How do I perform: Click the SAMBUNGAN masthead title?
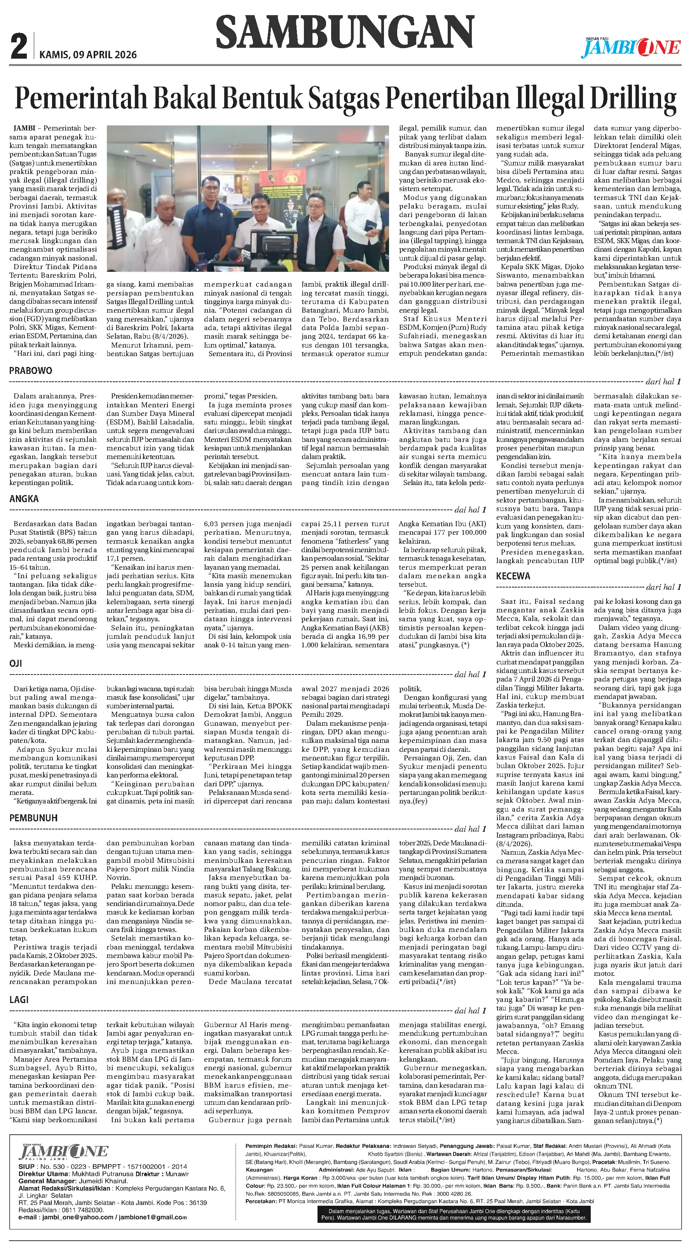344,31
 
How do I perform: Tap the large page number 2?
19,47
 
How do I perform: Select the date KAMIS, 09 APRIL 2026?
88,55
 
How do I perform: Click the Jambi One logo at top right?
631,47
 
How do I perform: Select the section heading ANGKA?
24,499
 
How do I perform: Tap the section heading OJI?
16,663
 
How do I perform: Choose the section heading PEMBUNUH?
33,818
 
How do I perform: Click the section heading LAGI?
19,1000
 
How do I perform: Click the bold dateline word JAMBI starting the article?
24,129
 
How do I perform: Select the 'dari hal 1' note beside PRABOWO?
663,382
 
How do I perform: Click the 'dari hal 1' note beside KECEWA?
663,587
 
